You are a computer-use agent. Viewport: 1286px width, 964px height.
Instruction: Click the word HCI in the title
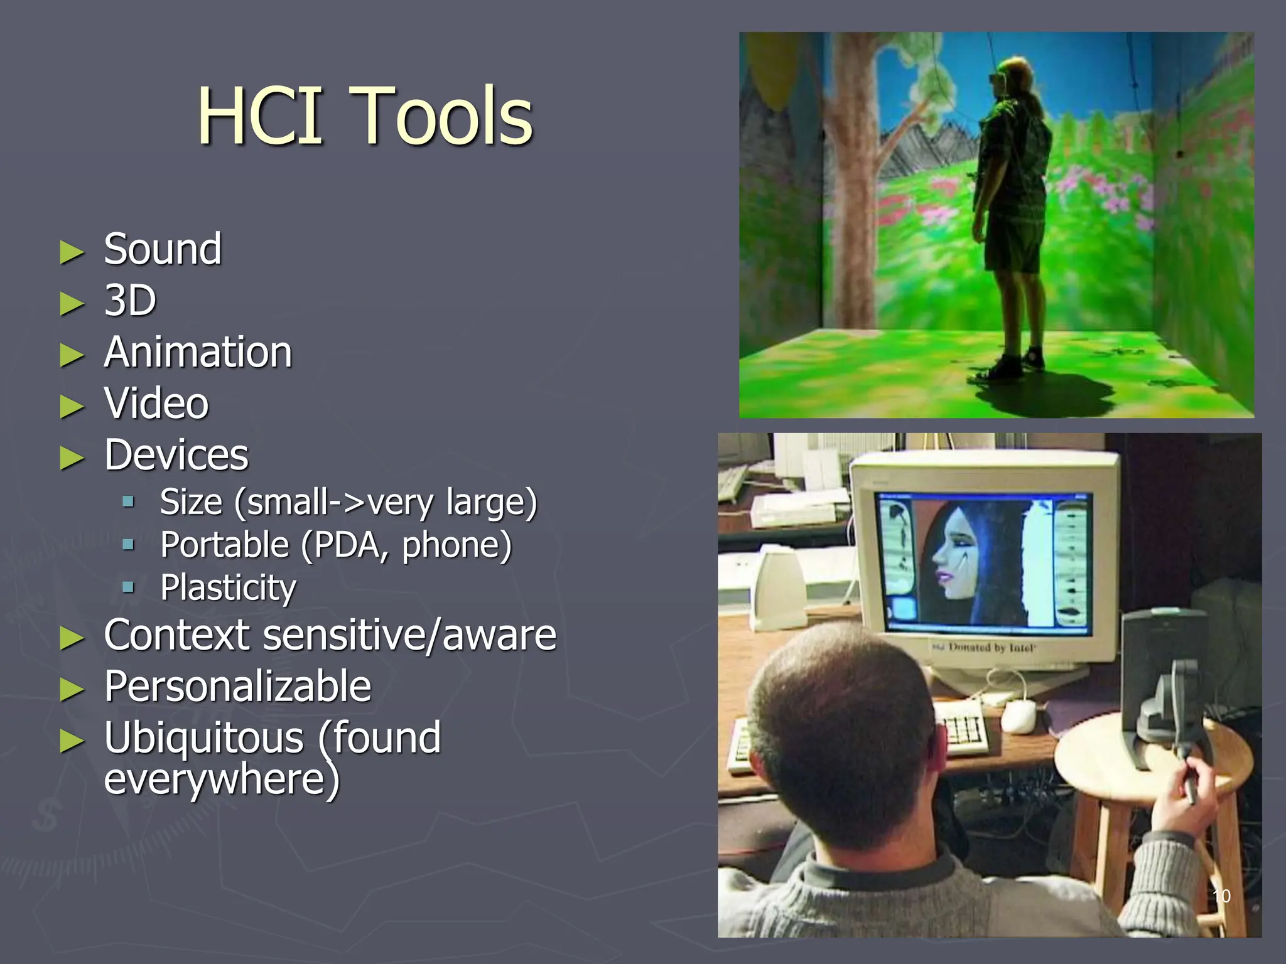[260, 117]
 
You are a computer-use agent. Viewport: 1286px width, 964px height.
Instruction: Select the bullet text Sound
[163, 250]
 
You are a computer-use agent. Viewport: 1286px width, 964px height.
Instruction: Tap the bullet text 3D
[130, 301]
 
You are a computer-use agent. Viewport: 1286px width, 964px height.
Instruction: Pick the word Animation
[198, 352]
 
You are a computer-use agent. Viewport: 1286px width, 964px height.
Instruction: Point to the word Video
[156, 404]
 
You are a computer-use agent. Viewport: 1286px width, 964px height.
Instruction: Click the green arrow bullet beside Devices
[72, 458]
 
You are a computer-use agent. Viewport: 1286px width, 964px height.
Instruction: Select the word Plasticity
[228, 588]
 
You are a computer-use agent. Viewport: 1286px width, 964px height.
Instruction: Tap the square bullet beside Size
[129, 501]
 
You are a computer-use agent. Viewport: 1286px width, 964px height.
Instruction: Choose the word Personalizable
[237, 686]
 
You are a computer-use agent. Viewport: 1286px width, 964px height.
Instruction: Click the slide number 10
[1221, 896]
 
